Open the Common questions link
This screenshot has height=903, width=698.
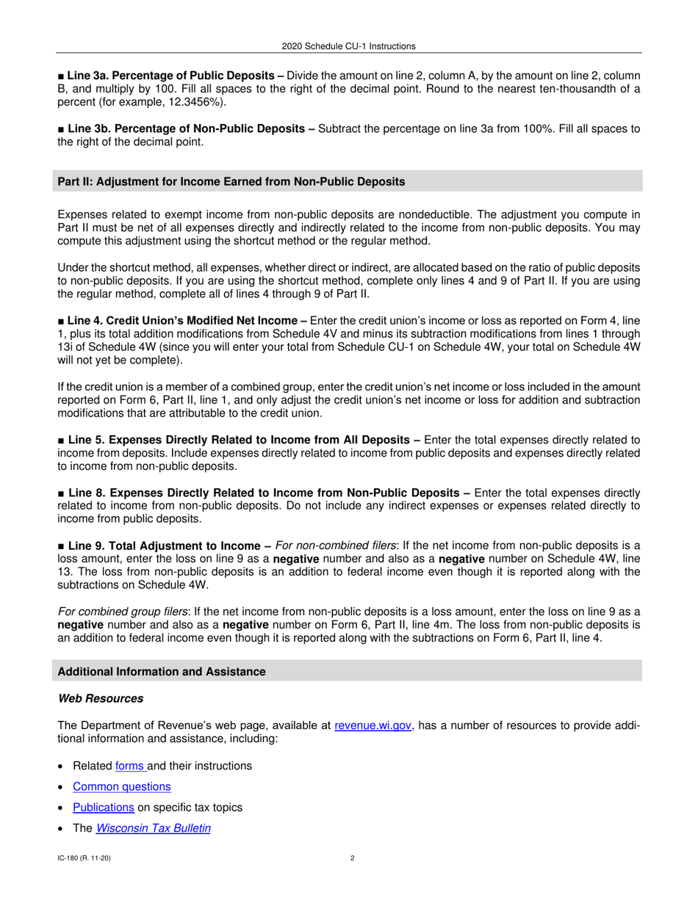click(x=122, y=786)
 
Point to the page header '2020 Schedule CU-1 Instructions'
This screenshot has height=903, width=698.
click(x=348, y=46)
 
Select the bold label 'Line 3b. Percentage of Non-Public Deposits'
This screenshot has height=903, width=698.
click(x=187, y=128)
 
